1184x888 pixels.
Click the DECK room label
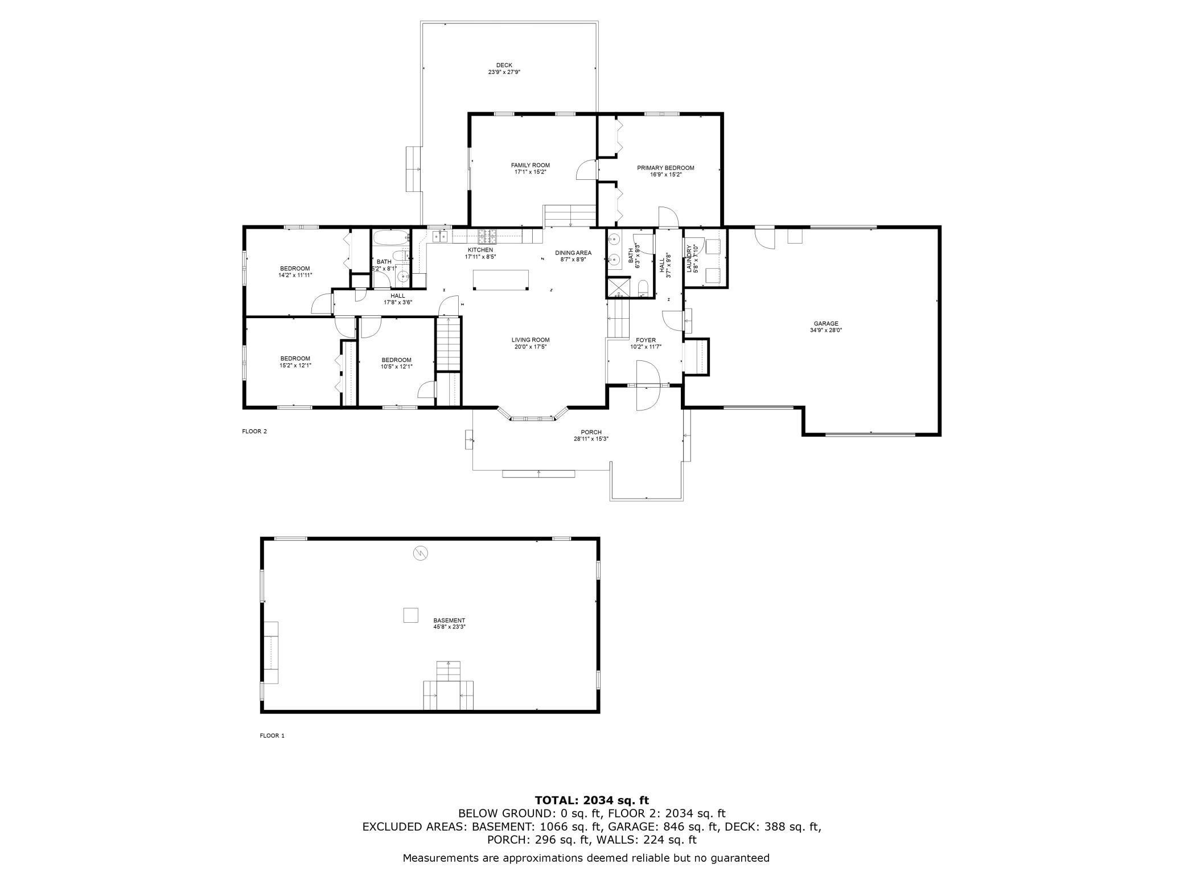tap(504, 65)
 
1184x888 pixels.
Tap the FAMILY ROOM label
tap(530, 166)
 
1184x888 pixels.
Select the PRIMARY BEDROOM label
tap(665, 168)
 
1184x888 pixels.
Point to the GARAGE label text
tap(825, 324)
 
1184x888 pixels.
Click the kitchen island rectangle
tap(501, 279)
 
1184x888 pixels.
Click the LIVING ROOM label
tap(531, 340)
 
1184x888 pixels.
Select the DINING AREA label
tap(573, 253)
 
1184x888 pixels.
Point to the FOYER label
tap(646, 340)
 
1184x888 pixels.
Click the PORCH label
tap(591, 433)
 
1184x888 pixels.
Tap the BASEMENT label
tap(449, 620)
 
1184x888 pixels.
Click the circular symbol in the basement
tap(421, 553)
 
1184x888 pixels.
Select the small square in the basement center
tap(410, 615)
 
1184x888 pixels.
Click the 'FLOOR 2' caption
tap(254, 431)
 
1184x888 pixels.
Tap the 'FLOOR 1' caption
tap(272, 735)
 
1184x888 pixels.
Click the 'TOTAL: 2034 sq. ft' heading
tap(591, 800)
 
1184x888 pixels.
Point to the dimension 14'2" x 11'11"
tap(295, 275)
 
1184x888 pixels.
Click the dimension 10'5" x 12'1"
tap(396, 367)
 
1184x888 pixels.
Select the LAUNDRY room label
tap(689, 258)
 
